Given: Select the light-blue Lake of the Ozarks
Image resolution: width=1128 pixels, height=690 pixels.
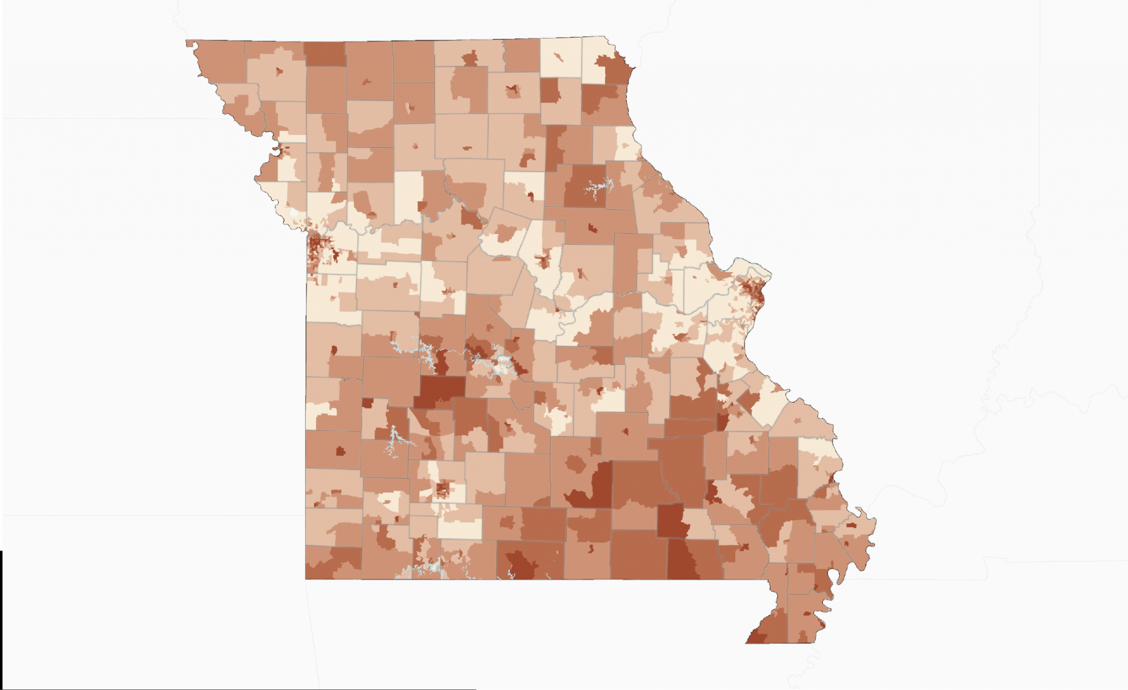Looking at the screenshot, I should point(498,361).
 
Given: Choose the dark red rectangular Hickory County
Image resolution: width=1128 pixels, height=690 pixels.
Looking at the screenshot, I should point(440,390).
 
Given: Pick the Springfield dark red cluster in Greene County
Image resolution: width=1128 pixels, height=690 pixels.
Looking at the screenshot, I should point(442,488).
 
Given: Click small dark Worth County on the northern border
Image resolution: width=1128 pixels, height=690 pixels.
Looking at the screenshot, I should point(325,54).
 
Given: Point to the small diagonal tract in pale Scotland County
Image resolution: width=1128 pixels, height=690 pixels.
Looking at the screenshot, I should point(559,57).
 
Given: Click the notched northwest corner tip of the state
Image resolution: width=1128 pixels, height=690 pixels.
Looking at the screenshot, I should point(189,43).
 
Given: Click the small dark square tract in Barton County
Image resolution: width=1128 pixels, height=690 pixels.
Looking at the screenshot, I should point(340,452).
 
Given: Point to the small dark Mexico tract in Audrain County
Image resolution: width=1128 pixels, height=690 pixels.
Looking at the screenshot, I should point(592,228).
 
